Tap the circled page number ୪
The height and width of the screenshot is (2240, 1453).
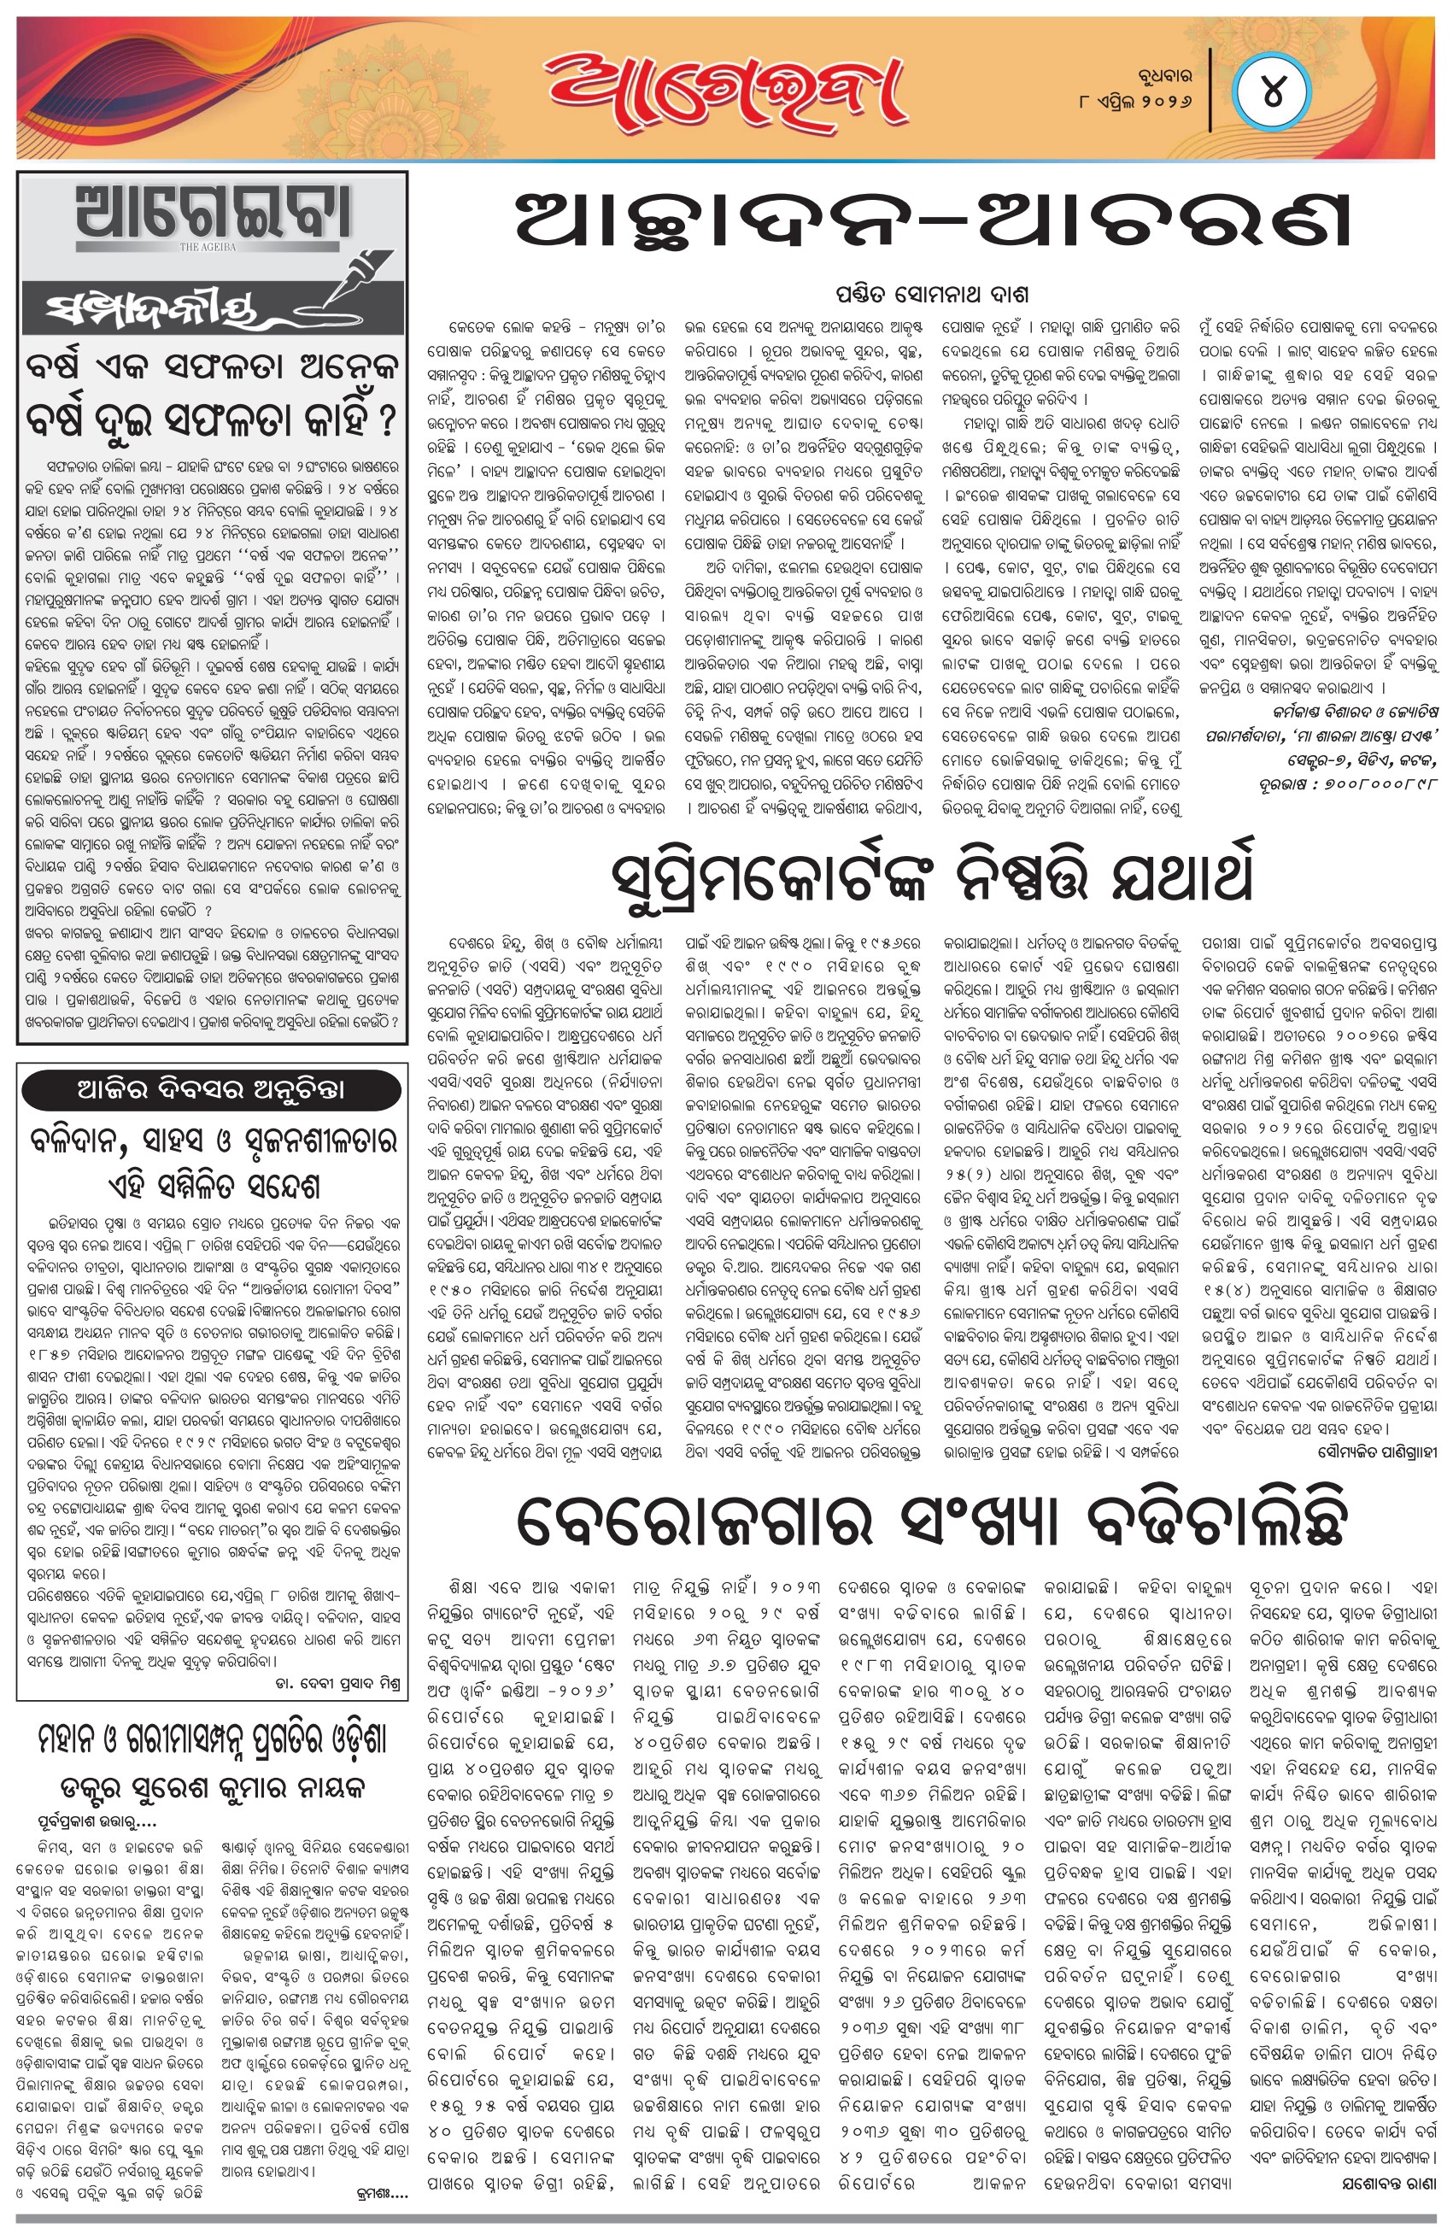pos(1271,94)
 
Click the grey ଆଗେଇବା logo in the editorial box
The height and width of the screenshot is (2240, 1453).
pos(214,216)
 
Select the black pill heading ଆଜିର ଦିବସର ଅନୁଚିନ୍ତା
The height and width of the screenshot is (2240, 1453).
pos(211,1091)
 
